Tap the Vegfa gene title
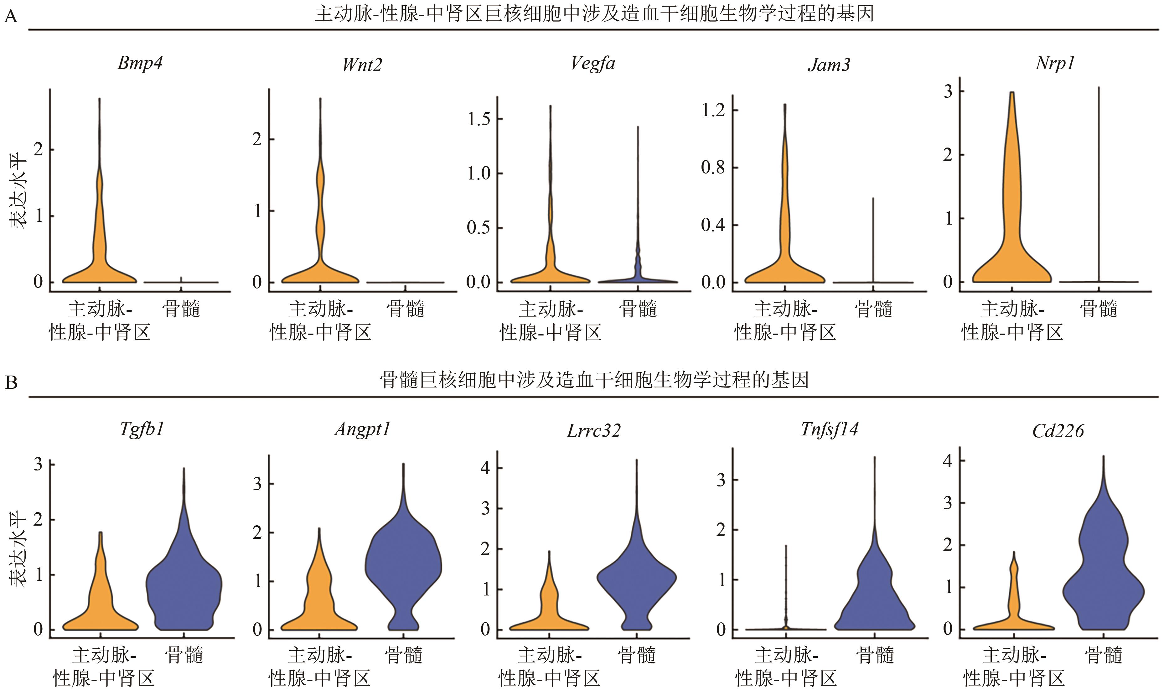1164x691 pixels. [592, 63]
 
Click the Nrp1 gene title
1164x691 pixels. [1055, 63]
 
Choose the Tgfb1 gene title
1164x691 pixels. [142, 429]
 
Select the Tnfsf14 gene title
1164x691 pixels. [829, 429]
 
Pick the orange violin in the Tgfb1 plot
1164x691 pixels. [101, 605]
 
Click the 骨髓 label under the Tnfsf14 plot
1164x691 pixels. [875, 655]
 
